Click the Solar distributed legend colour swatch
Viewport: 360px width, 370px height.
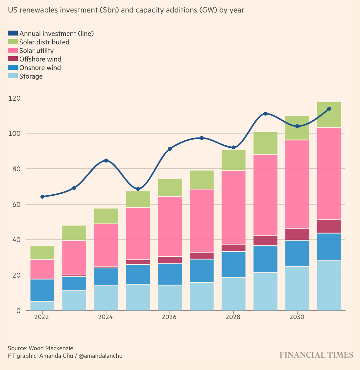pyautogui.click(x=13, y=42)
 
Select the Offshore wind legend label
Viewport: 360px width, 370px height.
pyautogui.click(x=40, y=59)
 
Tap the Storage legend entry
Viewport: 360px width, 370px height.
pyautogui.click(x=31, y=76)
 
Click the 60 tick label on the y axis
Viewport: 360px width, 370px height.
pyautogui.click(x=15, y=204)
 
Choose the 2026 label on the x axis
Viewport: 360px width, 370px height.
pyautogui.click(x=169, y=317)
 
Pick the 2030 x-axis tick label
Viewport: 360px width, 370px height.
pyautogui.click(x=297, y=317)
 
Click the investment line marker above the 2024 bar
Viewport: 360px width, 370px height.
pyautogui.click(x=106, y=160)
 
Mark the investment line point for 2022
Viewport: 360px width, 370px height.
pyautogui.click(x=42, y=197)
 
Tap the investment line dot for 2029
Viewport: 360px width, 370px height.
pyautogui.click(x=265, y=114)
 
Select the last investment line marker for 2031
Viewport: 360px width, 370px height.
pyautogui.click(x=329, y=109)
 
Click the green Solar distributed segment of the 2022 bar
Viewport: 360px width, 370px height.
pyautogui.click(x=42, y=253)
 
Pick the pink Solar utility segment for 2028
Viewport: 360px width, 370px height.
pyautogui.click(x=233, y=207)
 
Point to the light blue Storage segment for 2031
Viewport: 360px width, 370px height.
pyautogui.click(x=329, y=285)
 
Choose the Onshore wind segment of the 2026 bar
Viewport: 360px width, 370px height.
pyautogui.click(x=170, y=274)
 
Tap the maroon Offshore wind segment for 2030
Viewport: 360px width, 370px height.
pyautogui.click(x=297, y=234)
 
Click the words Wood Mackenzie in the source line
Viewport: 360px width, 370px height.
pyautogui.click(x=51, y=348)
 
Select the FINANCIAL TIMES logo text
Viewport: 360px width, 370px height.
pyautogui.click(x=316, y=355)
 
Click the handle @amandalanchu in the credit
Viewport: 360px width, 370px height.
pyautogui.click(x=101, y=356)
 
